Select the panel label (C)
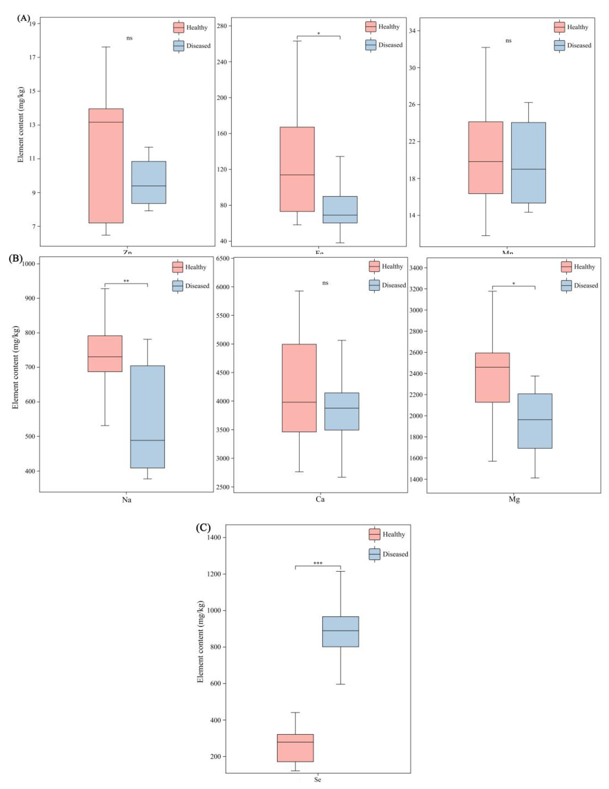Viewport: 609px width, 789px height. tap(203, 528)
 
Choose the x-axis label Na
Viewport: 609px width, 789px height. tap(126, 500)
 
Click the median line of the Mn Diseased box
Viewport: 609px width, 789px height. tap(528, 169)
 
